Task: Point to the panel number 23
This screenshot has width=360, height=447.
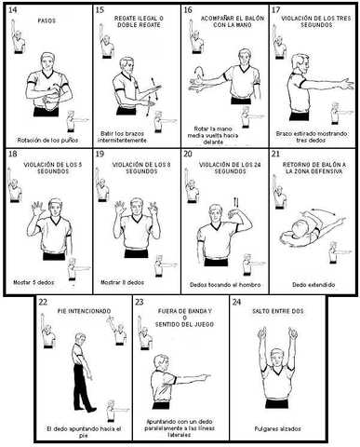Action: point(140,302)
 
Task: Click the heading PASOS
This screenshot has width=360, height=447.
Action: point(45,19)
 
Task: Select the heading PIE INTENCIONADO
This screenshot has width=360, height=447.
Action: point(78,304)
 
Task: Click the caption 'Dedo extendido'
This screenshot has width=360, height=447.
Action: point(310,284)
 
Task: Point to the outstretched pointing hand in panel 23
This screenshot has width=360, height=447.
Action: point(207,378)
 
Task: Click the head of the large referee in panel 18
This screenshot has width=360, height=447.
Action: point(45,205)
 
